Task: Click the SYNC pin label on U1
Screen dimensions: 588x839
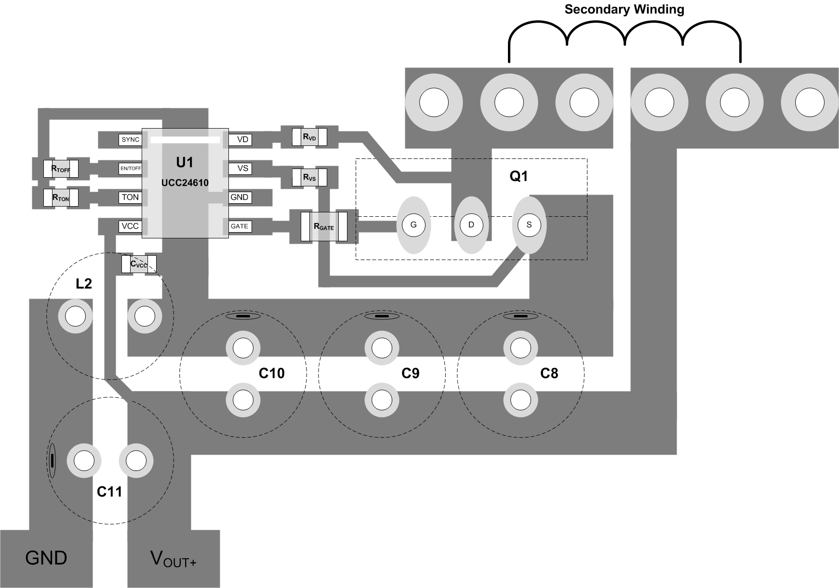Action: click(130, 140)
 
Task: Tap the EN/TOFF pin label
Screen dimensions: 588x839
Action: click(131, 169)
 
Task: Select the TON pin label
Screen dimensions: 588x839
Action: click(130, 197)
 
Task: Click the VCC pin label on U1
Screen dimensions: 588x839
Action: click(130, 226)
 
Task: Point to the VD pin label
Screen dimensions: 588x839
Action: click(242, 140)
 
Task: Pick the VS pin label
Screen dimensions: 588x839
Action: click(242, 169)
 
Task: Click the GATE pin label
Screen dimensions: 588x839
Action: click(240, 226)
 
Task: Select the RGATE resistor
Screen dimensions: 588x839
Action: click(324, 226)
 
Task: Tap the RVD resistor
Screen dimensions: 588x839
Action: click(309, 137)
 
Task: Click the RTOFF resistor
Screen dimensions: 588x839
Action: click(61, 169)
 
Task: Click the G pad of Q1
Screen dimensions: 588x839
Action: click(413, 225)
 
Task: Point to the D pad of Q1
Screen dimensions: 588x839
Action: click(471, 225)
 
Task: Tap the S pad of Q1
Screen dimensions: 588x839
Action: click(529, 225)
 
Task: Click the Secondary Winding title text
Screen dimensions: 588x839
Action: click(624, 10)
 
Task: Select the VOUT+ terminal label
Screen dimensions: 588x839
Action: click(173, 559)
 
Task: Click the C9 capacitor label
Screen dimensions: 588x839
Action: click(411, 373)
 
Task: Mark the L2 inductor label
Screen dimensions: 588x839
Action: click(84, 284)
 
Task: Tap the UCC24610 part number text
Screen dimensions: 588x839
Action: click(185, 183)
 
